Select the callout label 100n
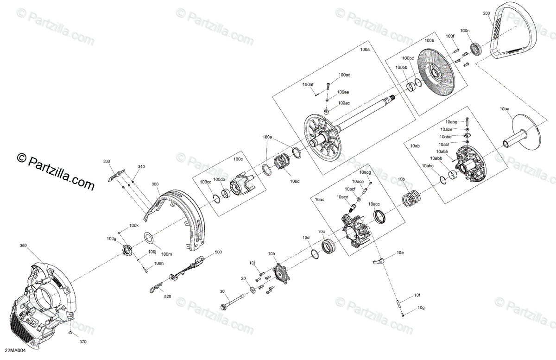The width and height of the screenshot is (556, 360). pyautogui.click(x=464, y=31)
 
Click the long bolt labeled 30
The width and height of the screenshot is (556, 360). pyautogui.click(x=234, y=304)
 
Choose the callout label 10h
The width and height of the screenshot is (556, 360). pyautogui.click(x=272, y=253)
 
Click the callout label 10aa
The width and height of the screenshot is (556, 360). pyautogui.click(x=505, y=108)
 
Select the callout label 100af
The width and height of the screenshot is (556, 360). pyautogui.click(x=308, y=84)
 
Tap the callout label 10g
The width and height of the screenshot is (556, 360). pyautogui.click(x=421, y=308)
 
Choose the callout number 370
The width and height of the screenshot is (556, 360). pyautogui.click(x=82, y=342)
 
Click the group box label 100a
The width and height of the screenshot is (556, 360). pyautogui.click(x=365, y=49)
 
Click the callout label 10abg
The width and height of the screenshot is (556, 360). pyautogui.click(x=451, y=122)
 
